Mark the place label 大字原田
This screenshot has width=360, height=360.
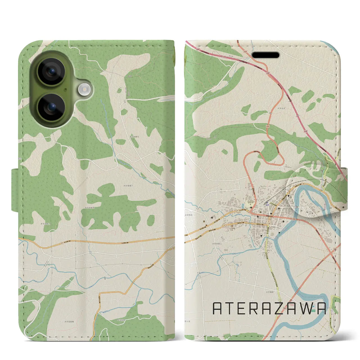(189, 215)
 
